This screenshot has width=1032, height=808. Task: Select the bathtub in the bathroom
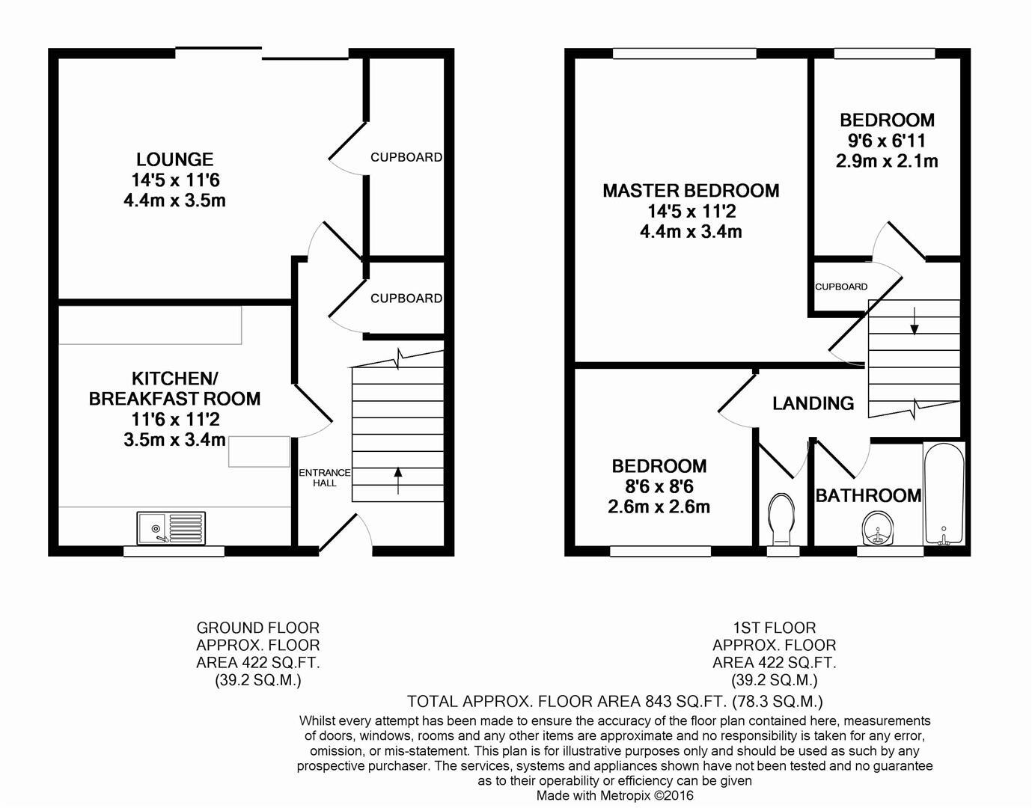944,495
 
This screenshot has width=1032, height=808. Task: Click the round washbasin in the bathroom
878,529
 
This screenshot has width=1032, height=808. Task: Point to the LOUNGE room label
174,159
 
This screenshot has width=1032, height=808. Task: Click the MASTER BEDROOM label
691,191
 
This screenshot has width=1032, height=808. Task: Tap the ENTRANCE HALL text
324,477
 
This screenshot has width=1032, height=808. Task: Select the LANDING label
813,403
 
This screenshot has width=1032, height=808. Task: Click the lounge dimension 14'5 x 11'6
174,180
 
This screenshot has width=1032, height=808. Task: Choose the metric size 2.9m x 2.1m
887,161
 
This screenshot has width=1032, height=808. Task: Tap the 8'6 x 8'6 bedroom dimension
659,486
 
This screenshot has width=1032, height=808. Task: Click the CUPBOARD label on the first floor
841,287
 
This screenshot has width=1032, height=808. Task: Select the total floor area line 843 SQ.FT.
614,701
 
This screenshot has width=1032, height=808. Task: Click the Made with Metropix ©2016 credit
614,796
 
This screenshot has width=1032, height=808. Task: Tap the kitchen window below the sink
174,551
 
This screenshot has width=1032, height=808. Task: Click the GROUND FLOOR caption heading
257,628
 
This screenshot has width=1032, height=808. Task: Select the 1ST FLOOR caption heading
774,628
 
